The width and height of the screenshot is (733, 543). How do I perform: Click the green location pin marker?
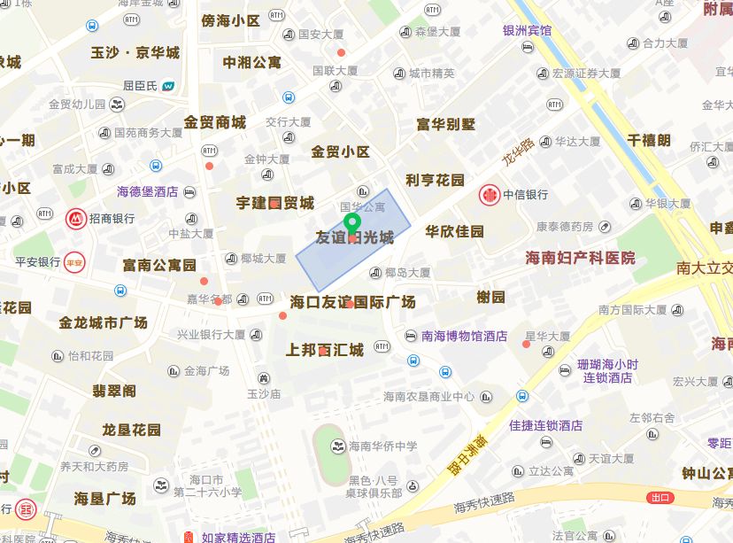coord(351,225)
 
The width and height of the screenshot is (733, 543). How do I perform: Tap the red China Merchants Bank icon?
coord(76,218)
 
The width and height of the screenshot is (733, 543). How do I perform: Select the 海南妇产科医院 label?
coord(581,258)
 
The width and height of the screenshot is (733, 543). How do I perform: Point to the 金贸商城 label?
coord(215,122)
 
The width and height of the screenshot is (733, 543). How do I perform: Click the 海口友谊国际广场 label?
coord(353,302)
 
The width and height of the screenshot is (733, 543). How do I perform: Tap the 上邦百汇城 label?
coord(324,350)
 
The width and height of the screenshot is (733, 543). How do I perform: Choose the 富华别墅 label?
coord(446,124)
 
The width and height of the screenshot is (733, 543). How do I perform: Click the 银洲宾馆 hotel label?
coord(527,30)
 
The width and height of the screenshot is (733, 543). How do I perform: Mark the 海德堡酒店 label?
coord(148,191)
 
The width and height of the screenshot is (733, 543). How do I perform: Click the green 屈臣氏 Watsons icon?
coord(168,86)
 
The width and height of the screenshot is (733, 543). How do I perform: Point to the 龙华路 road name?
coord(519,151)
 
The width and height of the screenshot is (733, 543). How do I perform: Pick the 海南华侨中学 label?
coord(382,446)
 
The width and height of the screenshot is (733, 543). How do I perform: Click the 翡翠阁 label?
coord(114,390)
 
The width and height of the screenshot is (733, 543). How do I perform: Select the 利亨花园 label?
coord(435,180)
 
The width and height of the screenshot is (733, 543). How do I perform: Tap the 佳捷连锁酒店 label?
coord(545,425)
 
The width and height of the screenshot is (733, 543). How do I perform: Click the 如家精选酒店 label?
coord(238,537)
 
